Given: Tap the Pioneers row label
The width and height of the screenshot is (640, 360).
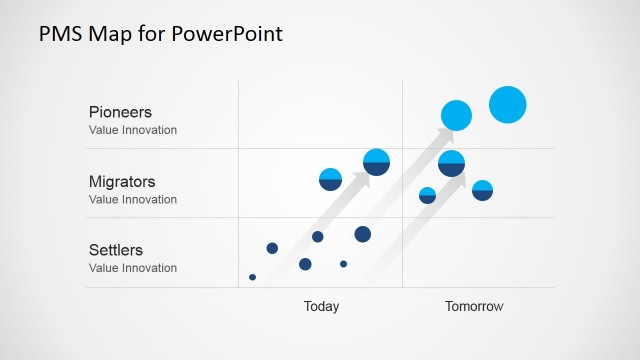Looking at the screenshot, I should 120,112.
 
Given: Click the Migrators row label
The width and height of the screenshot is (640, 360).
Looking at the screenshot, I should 122,182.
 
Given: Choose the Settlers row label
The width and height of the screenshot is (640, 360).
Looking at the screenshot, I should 116,250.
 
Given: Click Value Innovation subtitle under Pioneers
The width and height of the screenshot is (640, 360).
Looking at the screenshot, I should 133,130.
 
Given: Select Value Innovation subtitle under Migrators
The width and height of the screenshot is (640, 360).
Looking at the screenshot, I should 133,199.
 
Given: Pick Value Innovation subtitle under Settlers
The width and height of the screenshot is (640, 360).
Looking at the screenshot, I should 133,268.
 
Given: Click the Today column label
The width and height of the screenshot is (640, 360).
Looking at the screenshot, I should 321,307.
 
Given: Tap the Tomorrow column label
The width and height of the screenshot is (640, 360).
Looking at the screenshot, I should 474,307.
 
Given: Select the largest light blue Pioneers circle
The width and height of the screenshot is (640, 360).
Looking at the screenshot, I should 508,104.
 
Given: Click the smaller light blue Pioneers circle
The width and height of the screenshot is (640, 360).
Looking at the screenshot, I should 456,116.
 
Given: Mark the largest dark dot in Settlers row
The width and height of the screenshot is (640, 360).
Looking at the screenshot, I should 363,234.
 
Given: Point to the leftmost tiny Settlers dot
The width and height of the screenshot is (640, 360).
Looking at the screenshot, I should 252,277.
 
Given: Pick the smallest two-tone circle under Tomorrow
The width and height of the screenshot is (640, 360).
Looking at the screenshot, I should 427,195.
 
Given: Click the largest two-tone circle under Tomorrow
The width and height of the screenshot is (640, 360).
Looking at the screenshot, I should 452,163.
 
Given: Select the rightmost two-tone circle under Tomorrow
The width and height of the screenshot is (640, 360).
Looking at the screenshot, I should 482,190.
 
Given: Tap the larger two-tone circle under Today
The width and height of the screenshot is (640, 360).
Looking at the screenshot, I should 376,162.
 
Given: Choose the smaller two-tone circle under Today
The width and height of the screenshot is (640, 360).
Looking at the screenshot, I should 330,179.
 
